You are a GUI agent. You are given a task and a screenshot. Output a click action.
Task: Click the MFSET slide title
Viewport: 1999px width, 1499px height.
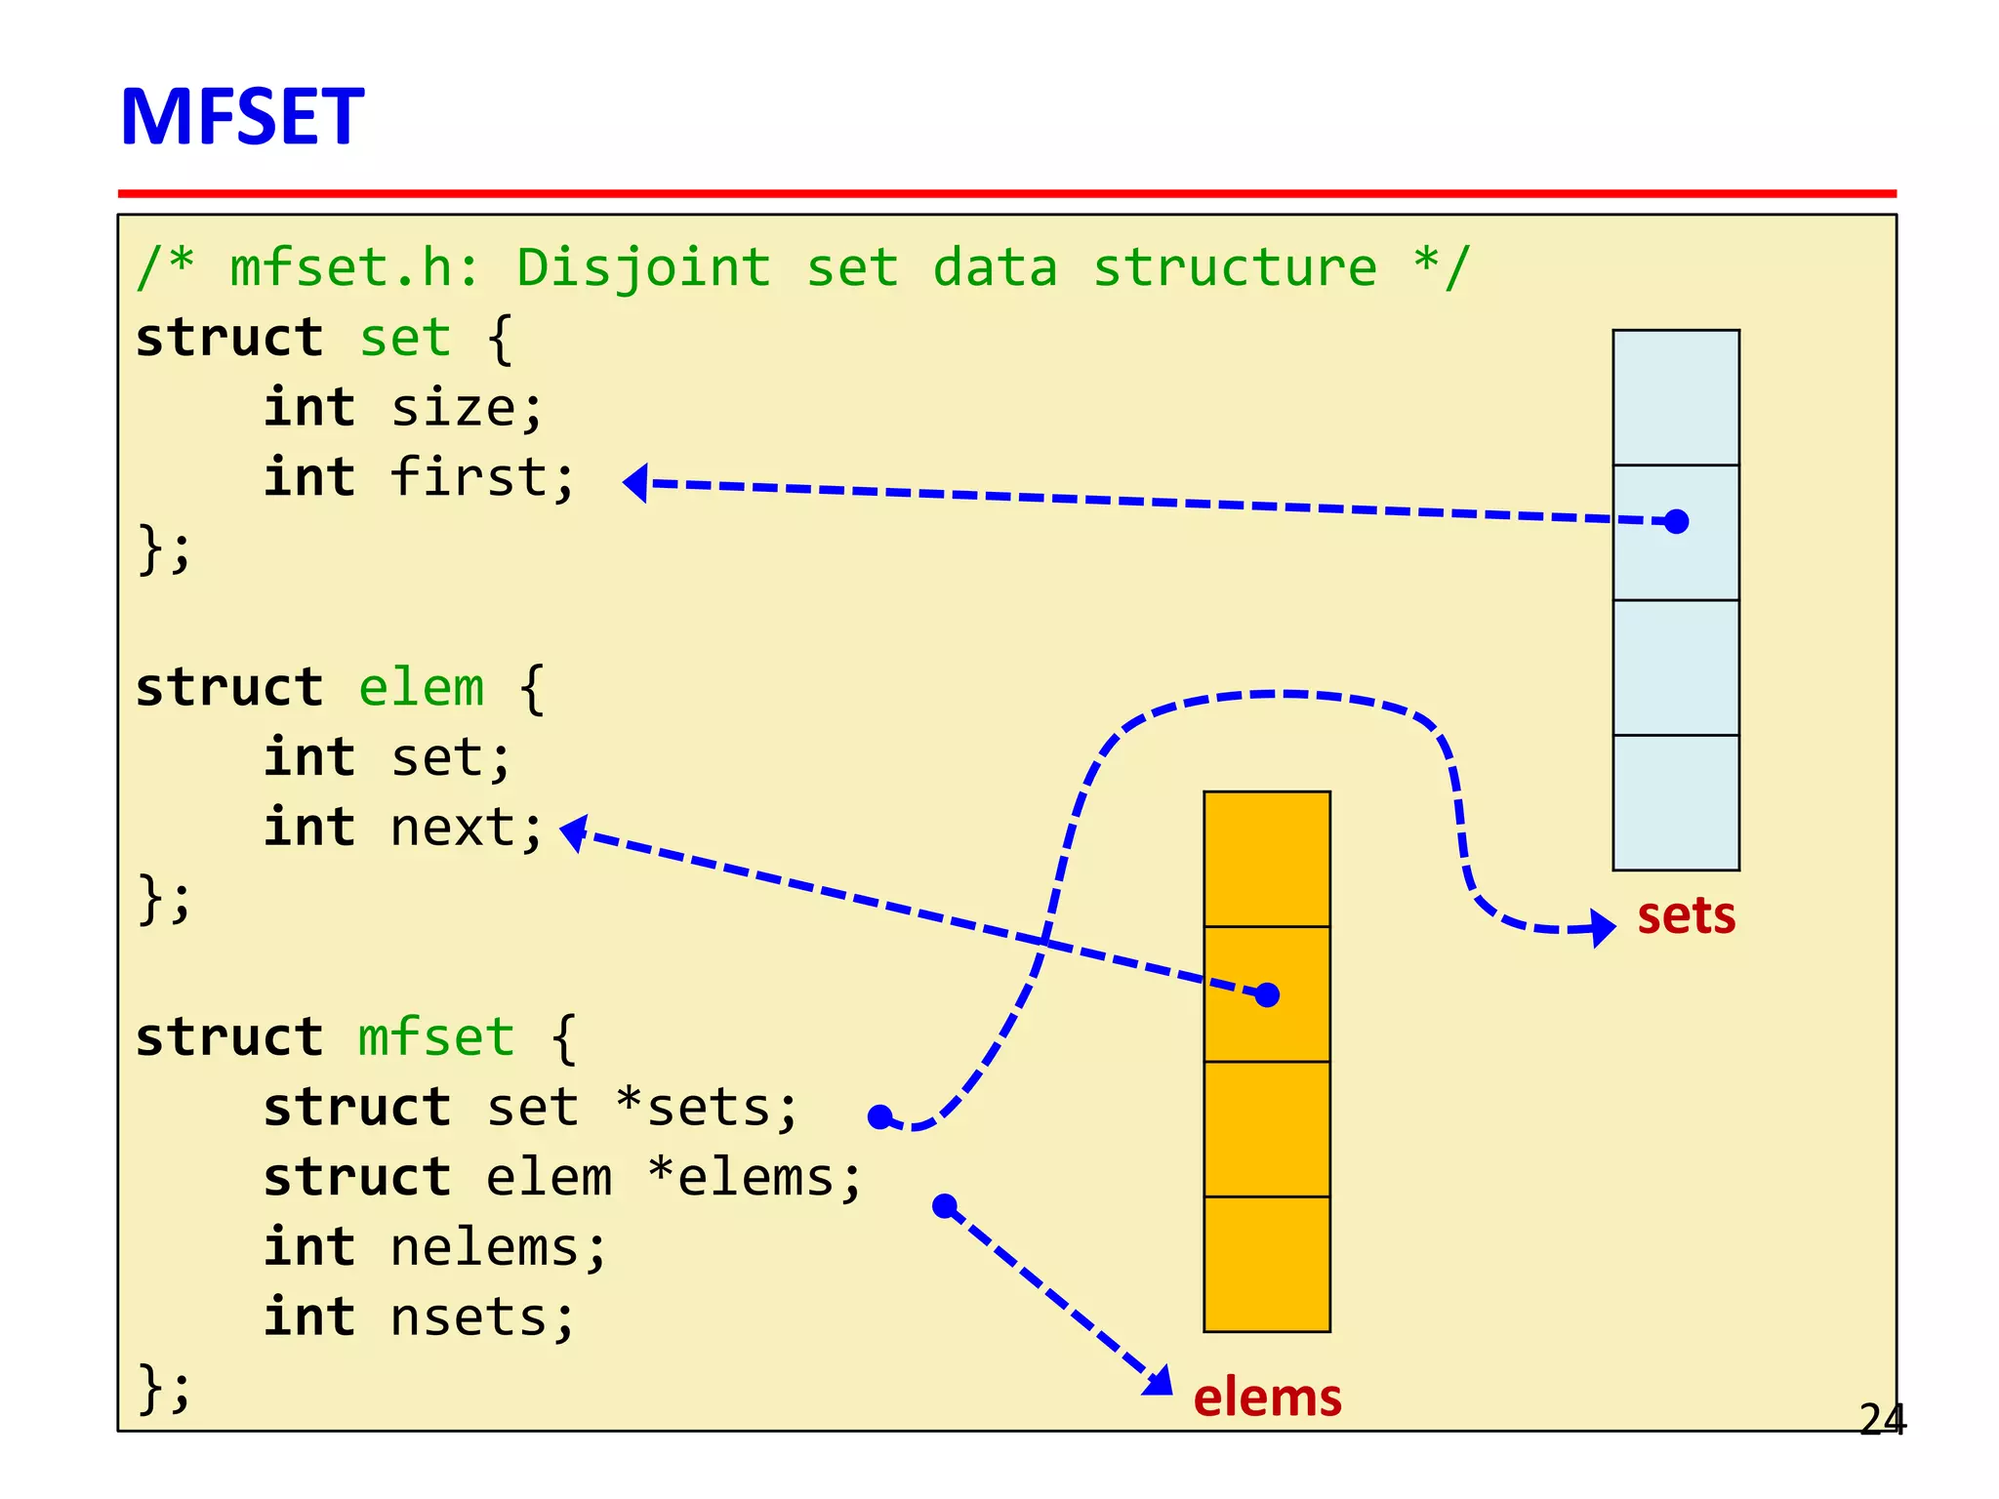pyautogui.click(x=242, y=117)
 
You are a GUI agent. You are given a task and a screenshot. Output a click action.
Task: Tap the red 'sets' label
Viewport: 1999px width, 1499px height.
pyautogui.click(x=1686, y=915)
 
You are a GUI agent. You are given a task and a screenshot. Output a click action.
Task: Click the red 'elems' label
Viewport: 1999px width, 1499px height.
pyautogui.click(x=1267, y=1397)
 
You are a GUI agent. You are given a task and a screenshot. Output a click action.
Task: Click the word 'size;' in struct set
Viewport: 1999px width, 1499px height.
pyautogui.click(x=467, y=408)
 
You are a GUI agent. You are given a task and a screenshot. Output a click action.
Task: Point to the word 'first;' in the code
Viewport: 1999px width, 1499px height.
pyautogui.click(x=482, y=478)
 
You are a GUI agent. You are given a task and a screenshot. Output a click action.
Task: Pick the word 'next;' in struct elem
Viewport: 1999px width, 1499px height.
pyautogui.click(x=467, y=829)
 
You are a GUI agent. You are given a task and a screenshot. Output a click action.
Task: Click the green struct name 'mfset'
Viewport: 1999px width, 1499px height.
pyautogui.click(x=435, y=1037)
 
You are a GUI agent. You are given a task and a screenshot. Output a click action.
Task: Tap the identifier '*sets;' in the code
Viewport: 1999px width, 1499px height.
pyautogui.click(x=707, y=1109)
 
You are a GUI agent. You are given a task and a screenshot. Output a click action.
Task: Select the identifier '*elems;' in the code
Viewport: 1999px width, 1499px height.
pyautogui.click(x=755, y=1178)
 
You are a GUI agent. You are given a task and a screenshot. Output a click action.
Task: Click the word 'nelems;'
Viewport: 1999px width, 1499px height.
pyautogui.click(x=498, y=1248)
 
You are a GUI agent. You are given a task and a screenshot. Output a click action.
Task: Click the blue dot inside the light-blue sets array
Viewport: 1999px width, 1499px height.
pyautogui.click(x=1676, y=522)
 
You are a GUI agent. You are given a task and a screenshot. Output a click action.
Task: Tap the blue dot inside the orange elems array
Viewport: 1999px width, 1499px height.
pyautogui.click(x=1267, y=994)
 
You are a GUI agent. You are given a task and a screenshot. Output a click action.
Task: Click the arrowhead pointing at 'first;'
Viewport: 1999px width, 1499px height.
pyautogui.click(x=636, y=482)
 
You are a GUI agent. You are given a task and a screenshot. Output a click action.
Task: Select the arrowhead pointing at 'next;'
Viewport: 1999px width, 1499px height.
pyautogui.click(x=574, y=832)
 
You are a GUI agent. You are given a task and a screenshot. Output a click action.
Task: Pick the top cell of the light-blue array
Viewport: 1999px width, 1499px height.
pyautogui.click(x=1676, y=397)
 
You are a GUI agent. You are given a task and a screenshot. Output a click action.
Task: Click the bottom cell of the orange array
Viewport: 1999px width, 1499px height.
pyautogui.click(x=1267, y=1264)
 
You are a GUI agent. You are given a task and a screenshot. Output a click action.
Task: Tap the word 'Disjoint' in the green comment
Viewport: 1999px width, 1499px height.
pyautogui.click(x=643, y=268)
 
